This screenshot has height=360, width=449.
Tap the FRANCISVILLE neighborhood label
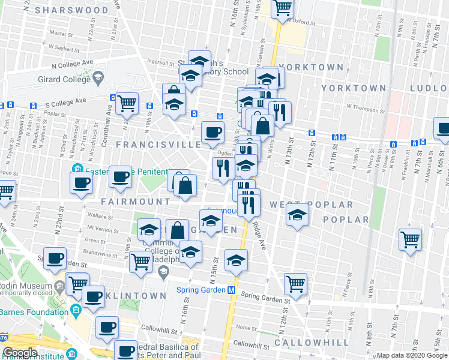pos(158,145)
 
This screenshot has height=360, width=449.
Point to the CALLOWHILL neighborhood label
pos(311,342)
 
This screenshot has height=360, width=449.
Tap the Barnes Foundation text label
pos(34,312)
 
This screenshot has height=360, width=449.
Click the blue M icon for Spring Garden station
pos(231,290)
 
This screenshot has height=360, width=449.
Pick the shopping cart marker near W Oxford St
pos(282,8)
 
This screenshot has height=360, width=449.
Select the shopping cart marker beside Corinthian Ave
pos(127,104)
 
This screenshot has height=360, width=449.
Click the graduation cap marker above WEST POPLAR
pos(297,215)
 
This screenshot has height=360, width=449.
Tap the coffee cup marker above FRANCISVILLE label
pos(212,132)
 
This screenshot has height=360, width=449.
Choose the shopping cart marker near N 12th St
pos(295,283)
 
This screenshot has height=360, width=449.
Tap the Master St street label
pos(61,34)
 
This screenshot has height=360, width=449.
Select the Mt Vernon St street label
pos(99,228)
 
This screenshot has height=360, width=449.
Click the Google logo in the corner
pos(20,353)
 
